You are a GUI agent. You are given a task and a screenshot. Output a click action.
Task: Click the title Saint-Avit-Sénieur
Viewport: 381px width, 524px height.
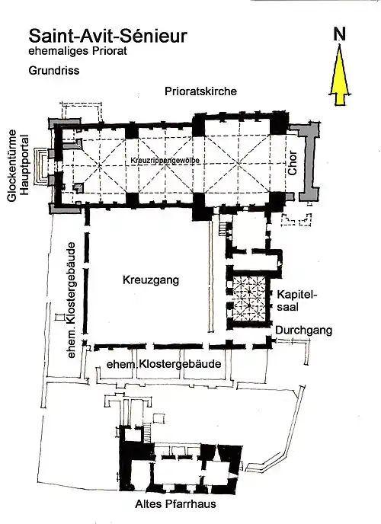pos(107,36)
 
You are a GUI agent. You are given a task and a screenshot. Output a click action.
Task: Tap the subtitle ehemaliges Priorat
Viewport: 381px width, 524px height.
pos(78,51)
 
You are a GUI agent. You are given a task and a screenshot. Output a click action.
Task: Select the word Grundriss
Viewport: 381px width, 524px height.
pos(54,71)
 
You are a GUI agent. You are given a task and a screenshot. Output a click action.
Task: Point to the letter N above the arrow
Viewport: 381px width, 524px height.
pos(340,34)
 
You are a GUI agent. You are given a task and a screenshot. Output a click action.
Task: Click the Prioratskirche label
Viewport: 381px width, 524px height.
pos(200,91)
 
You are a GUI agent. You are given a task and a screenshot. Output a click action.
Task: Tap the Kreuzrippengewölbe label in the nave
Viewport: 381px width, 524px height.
pos(165,161)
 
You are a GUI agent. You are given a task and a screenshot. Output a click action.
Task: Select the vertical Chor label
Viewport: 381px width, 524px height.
pos(292,163)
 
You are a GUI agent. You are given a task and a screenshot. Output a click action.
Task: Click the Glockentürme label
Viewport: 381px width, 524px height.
pos(11,165)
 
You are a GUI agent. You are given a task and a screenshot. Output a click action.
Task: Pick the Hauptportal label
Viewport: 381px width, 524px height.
pos(24,165)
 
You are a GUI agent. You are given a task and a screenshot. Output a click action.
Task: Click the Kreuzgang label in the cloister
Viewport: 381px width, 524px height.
pos(151,280)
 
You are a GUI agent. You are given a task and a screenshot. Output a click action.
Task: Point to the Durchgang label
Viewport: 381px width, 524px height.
pos(304,331)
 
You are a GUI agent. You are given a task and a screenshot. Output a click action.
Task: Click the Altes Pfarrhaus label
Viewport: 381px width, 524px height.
pos(175,504)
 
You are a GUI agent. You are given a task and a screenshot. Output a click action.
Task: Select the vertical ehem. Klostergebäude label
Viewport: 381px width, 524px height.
pos(71,301)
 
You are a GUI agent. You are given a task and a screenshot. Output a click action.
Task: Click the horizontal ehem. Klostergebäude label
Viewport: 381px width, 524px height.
pos(164,363)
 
